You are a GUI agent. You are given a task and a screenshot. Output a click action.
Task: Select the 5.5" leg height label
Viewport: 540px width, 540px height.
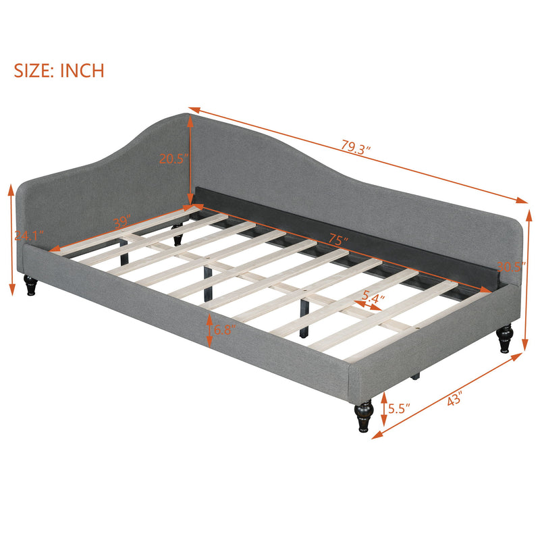point(397,409)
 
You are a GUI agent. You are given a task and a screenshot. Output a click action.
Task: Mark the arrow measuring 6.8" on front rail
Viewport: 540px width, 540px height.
point(209,331)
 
